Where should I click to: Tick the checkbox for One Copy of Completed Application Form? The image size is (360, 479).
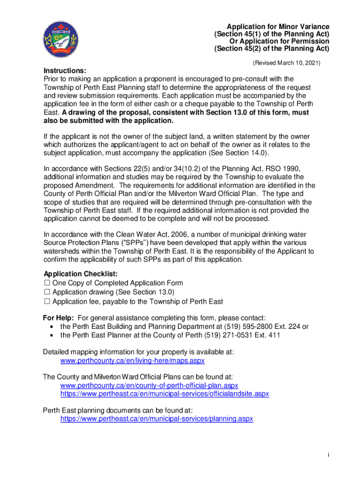coord(46,283)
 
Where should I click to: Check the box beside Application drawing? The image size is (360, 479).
coord(46,292)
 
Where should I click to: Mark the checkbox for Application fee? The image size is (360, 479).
coord(46,302)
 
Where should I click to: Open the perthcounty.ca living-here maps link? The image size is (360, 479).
coord(132,361)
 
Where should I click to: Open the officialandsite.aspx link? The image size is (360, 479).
coord(165,394)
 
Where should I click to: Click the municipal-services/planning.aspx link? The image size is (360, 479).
coord(157,419)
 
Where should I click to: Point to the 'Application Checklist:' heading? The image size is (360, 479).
coord(80,274)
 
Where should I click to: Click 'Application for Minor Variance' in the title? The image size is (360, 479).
coord(278,27)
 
